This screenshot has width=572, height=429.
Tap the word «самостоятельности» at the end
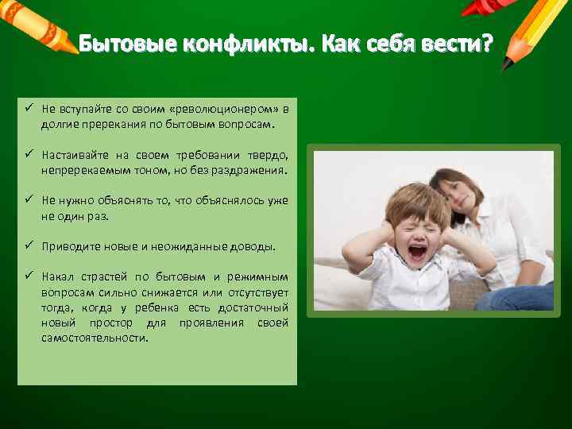pos(95,338)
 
